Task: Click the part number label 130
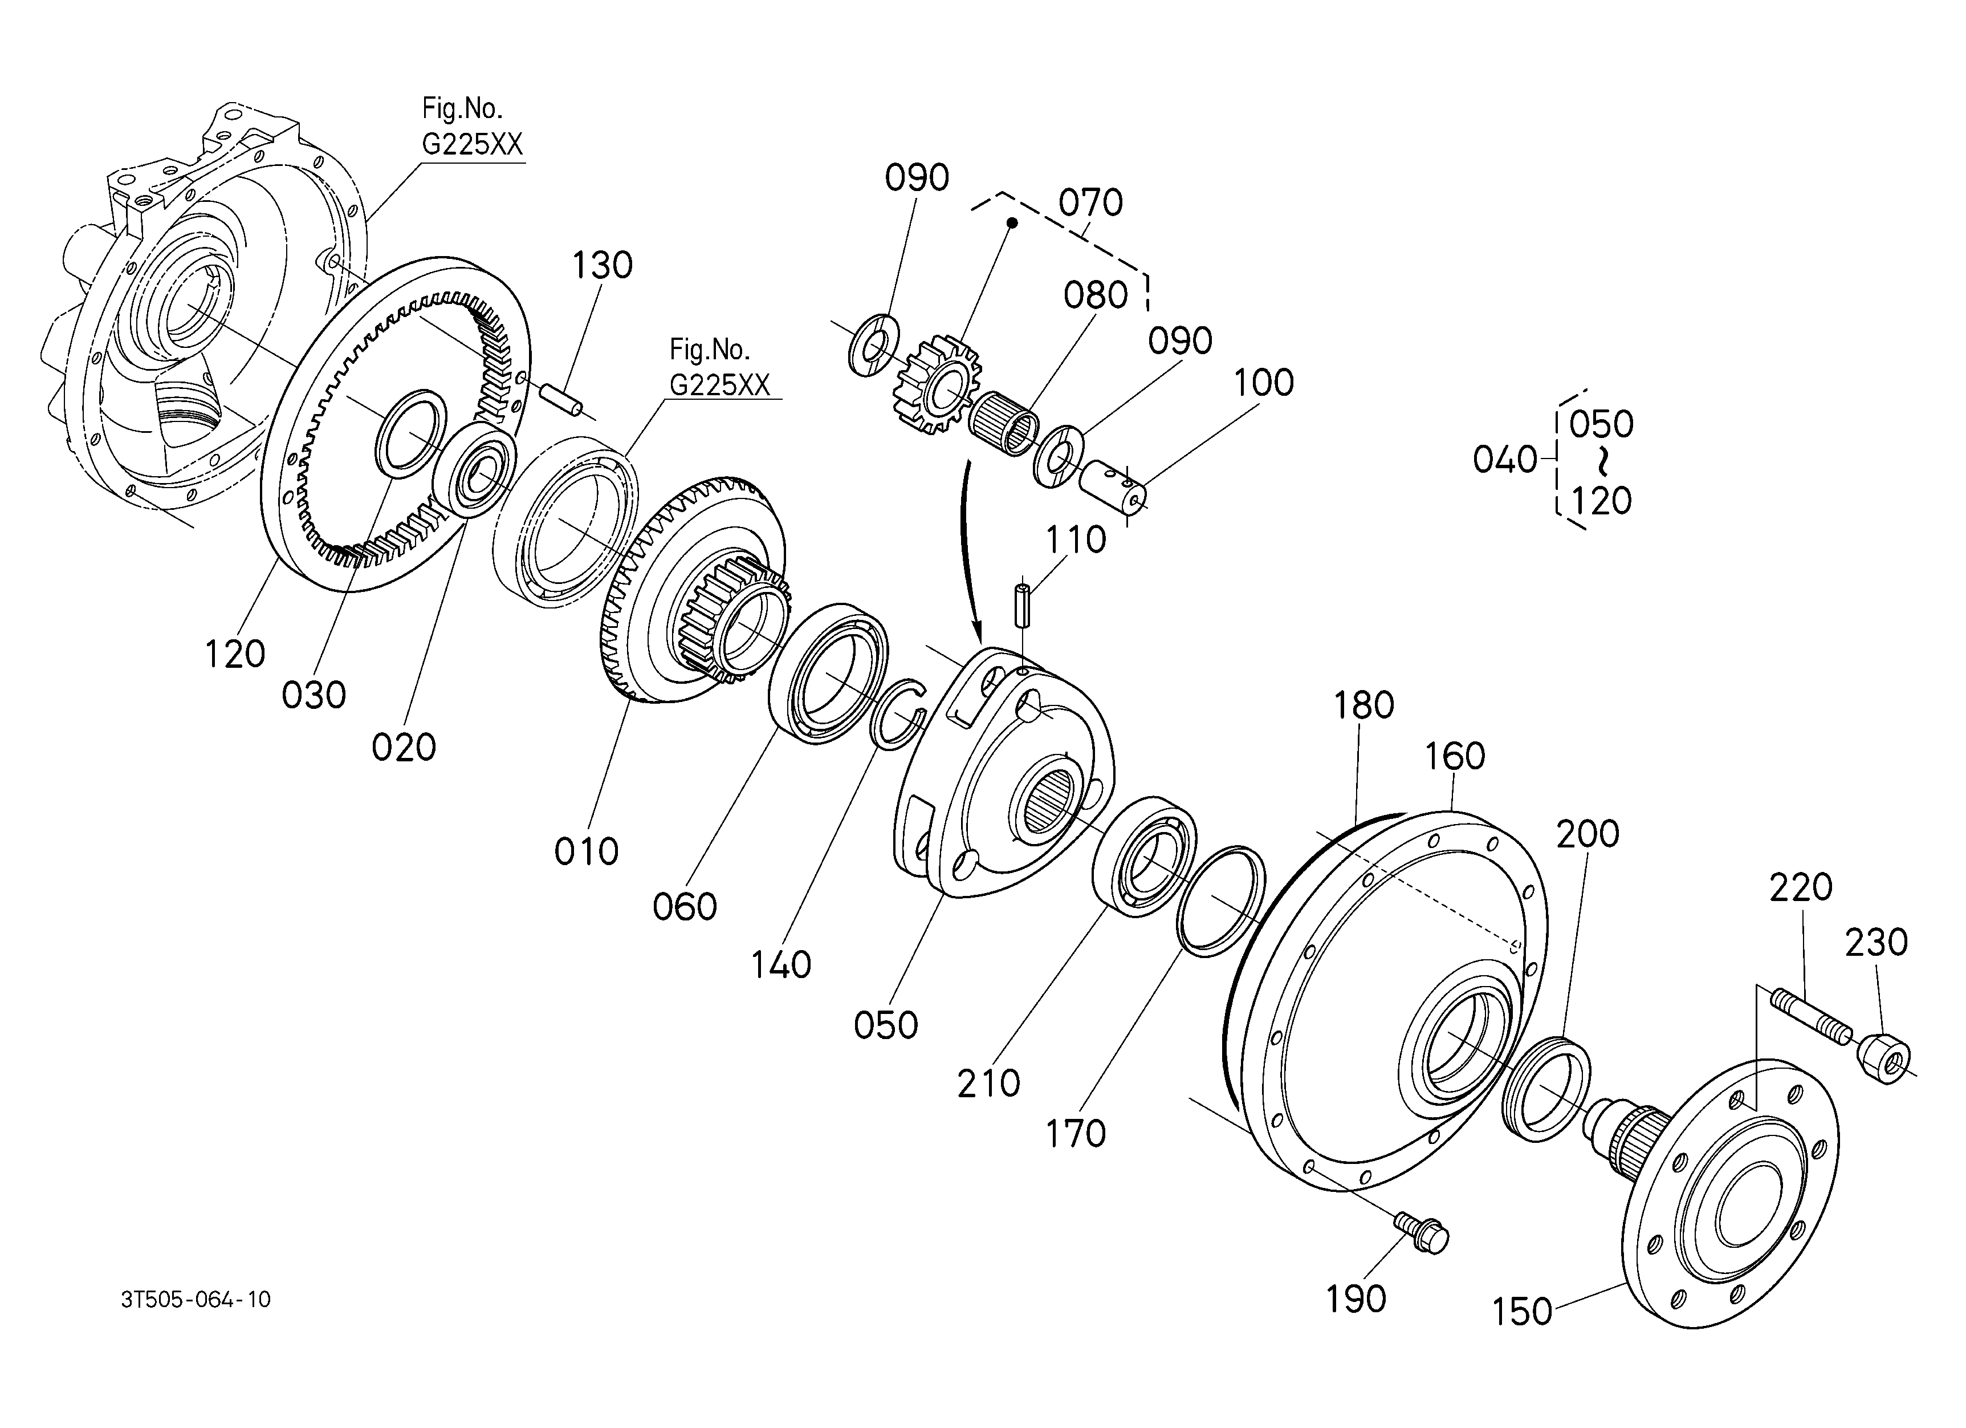pos(601,265)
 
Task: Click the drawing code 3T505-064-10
pos(196,1300)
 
